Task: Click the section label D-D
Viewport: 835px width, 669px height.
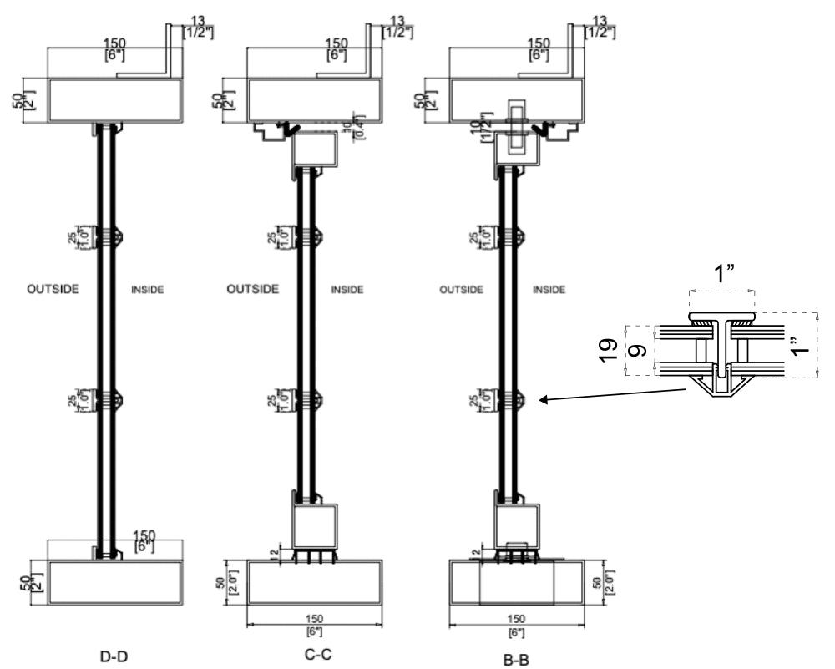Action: [x=114, y=657]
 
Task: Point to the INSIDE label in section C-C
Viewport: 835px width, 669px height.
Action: [x=348, y=291]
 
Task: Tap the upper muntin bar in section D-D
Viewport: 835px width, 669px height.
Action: [x=106, y=236]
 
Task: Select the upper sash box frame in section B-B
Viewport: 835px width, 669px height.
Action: [x=516, y=149]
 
